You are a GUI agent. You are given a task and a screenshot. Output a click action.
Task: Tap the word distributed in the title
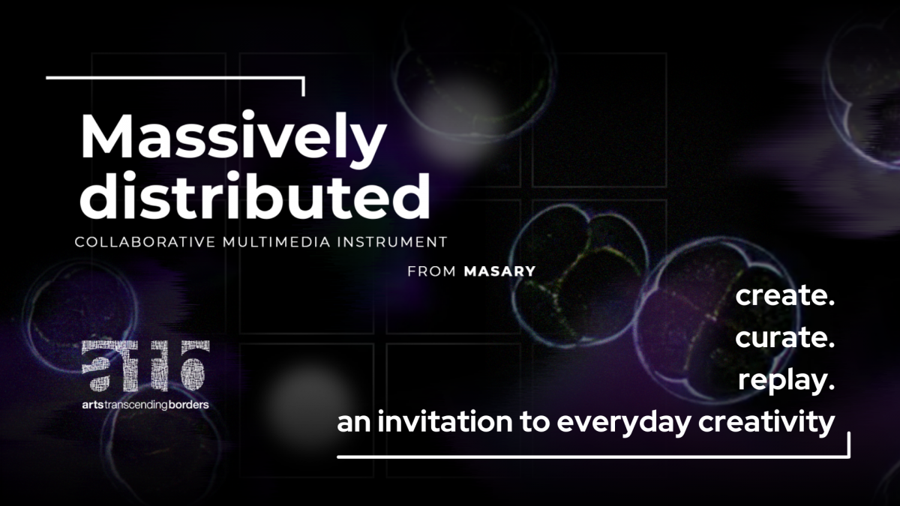tap(255, 195)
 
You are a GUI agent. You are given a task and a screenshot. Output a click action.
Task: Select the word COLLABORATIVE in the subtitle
tap(145, 242)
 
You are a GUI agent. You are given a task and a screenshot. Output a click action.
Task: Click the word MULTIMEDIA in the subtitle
tap(277, 242)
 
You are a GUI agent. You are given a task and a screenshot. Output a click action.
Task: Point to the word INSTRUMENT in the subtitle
tap(392, 242)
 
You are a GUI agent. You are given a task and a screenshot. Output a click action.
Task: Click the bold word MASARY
tap(499, 271)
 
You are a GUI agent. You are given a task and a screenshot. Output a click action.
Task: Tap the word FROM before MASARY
tap(432, 271)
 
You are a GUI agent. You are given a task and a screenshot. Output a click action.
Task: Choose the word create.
tap(785, 295)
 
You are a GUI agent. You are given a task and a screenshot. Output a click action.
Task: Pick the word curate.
tap(785, 337)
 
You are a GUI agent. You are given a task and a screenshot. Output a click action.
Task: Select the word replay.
tap(787, 380)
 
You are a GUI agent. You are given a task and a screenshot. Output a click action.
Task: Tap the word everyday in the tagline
tap(623, 424)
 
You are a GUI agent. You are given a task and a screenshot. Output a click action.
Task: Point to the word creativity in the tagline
tap(766, 424)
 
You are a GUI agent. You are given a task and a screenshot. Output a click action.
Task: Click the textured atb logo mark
tap(145, 366)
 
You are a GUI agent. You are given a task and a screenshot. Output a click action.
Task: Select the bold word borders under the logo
tap(188, 404)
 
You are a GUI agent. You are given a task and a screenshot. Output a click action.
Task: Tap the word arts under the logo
tap(93, 405)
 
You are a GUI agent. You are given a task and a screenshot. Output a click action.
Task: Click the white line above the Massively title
tap(175, 78)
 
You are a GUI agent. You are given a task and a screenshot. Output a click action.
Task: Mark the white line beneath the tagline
tap(593, 457)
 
